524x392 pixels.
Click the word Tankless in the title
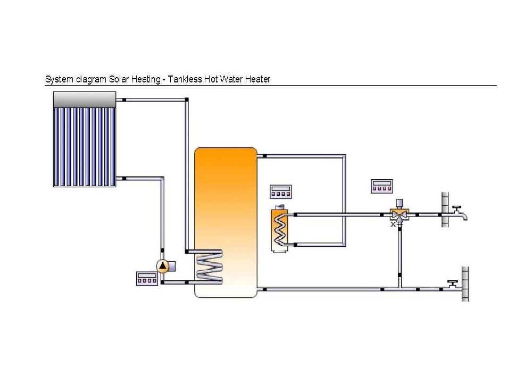pyautogui.click(x=185, y=79)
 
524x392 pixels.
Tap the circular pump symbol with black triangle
pyautogui.click(x=163, y=266)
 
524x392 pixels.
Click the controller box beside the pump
pyautogui.click(x=147, y=279)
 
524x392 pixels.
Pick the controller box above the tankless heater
pyautogui.click(x=281, y=192)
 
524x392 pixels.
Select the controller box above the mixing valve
pyautogui.click(x=382, y=186)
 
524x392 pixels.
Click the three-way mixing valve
pyautogui.click(x=400, y=214)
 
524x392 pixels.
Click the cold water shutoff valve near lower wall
pyautogui.click(x=453, y=286)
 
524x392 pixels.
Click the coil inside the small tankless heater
pyautogui.click(x=280, y=230)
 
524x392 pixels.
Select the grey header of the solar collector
pyautogui.click(x=85, y=99)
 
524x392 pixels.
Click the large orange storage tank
pyautogui.click(x=226, y=222)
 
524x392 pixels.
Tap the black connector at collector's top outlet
pyautogui.click(x=124, y=99)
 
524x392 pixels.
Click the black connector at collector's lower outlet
pyautogui.click(x=124, y=179)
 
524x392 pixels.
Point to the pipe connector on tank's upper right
pyautogui.click(x=265, y=156)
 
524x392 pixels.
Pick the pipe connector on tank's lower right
pyautogui.click(x=265, y=289)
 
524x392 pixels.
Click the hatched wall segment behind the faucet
pyautogui.click(x=445, y=210)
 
